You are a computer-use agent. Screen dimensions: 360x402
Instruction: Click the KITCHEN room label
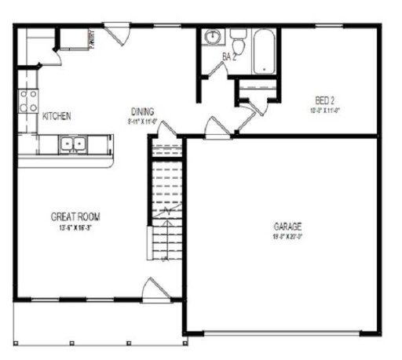pos(57,116)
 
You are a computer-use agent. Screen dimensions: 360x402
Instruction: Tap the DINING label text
pos(142,111)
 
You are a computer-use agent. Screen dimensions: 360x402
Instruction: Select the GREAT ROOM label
pos(75,216)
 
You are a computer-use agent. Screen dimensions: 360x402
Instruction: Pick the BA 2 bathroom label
pos(230,57)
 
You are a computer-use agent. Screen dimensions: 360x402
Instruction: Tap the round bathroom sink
pos(212,38)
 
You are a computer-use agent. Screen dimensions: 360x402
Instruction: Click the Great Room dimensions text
pos(75,228)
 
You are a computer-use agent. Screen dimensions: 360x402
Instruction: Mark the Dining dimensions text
pos(143,122)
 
